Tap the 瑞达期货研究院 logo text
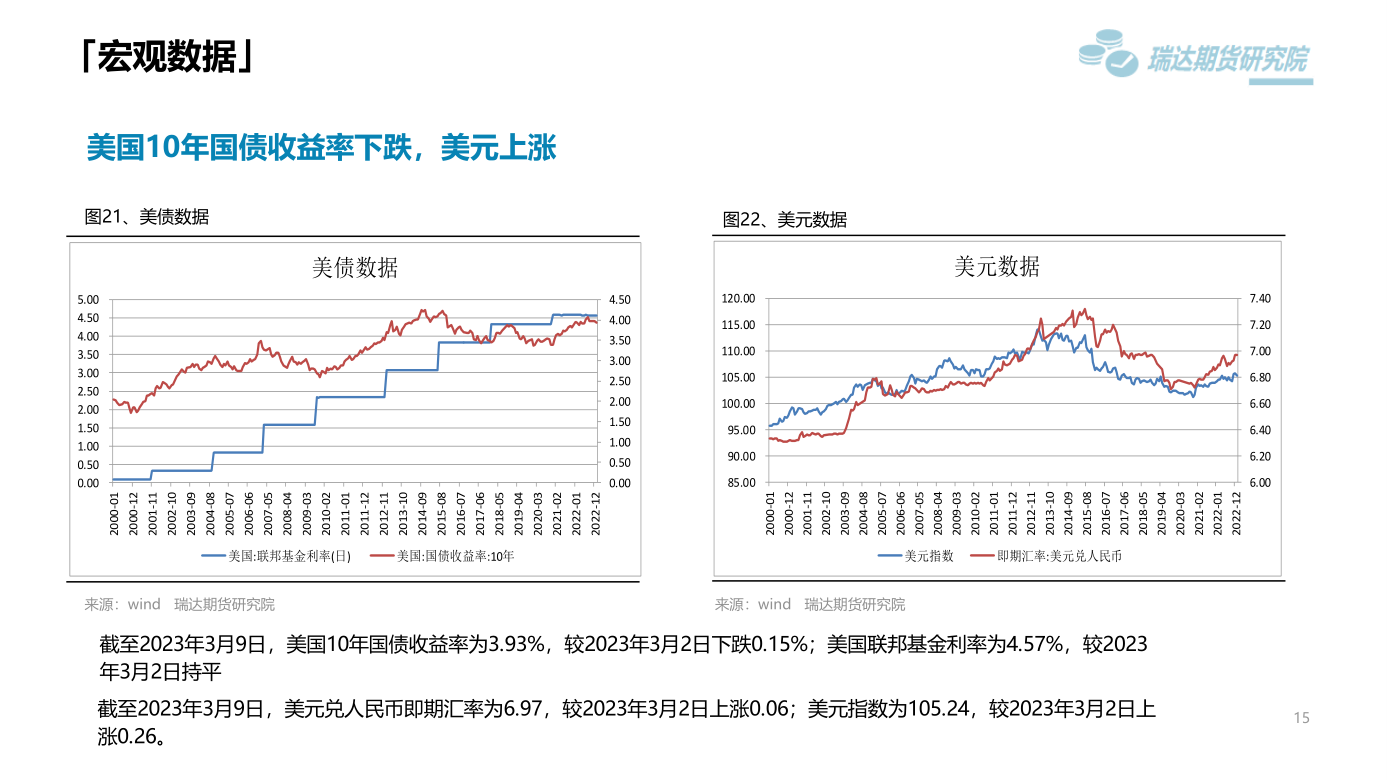pyautogui.click(x=1227, y=60)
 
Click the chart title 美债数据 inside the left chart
pyautogui.click(x=355, y=268)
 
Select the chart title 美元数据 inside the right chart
pyautogui.click(x=997, y=267)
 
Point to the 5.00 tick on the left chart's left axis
pyautogui.click(x=88, y=300)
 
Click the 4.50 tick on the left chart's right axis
pyautogui.click(x=620, y=300)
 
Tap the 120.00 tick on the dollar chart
pyautogui.click(x=738, y=299)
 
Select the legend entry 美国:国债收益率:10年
pyautogui.click(x=455, y=556)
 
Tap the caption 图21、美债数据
pyautogui.click(x=147, y=216)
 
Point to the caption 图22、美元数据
pyautogui.click(x=785, y=220)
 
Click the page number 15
pyautogui.click(x=1301, y=718)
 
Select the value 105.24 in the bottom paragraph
pyautogui.click(x=939, y=709)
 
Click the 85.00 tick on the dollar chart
pyautogui.click(x=740, y=483)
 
